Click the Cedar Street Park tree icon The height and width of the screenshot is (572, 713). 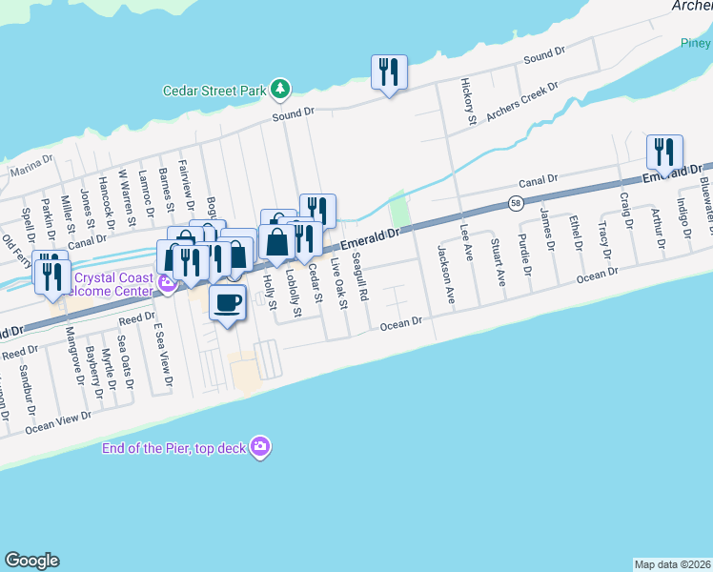(279, 90)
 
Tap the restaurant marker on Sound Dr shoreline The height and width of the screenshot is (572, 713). (389, 71)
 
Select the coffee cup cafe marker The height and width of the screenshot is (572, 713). (226, 303)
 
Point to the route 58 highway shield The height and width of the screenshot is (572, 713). (516, 205)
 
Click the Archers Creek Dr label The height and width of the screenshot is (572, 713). (521, 102)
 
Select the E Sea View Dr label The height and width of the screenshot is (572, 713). (163, 354)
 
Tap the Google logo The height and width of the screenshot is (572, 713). (31, 561)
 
